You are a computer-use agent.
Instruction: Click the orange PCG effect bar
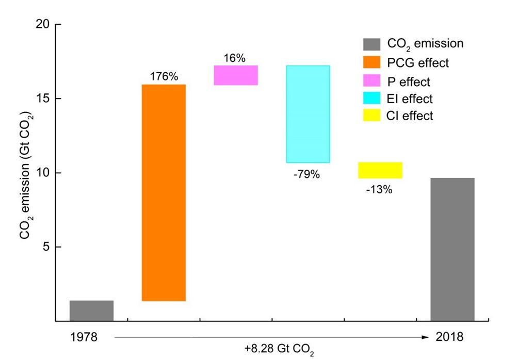point(164,192)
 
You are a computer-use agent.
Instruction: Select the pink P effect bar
point(236,75)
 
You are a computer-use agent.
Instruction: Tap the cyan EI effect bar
point(308,114)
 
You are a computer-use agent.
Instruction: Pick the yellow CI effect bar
point(380,170)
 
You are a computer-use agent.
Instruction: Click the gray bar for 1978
point(91,310)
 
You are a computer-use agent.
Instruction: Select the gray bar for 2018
point(453,249)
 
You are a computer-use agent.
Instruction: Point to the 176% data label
point(164,77)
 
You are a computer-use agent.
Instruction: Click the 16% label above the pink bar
point(235,58)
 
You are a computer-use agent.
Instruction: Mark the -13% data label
point(379,190)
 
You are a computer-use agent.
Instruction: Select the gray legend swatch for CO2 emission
point(370,43)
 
